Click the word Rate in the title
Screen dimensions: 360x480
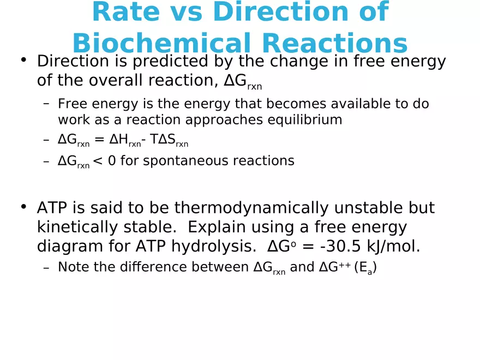pyautogui.click(x=124, y=12)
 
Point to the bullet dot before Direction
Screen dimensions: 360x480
pyautogui.click(x=23, y=60)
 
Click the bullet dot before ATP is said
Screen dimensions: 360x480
pyautogui.click(x=23, y=207)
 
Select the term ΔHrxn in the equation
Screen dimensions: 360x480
pyautogui.click(x=124, y=141)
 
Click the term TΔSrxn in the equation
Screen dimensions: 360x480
pyautogui.click(x=169, y=141)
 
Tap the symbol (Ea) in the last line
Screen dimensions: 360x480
pyautogui.click(x=365, y=268)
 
